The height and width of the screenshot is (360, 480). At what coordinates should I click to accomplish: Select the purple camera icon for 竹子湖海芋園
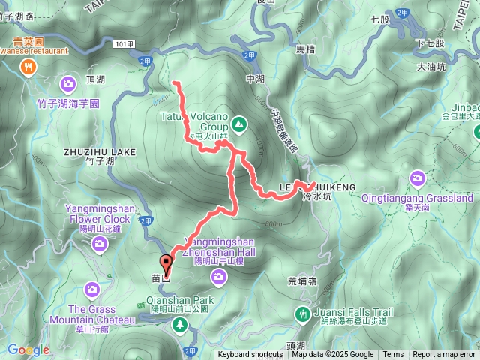(69, 83)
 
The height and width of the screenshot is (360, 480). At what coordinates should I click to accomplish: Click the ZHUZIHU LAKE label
(100, 151)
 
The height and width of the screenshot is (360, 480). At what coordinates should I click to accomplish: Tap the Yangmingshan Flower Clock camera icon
(99, 244)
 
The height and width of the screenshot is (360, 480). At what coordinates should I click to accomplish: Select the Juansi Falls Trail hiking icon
(303, 313)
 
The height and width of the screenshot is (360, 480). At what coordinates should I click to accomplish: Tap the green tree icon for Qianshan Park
(179, 324)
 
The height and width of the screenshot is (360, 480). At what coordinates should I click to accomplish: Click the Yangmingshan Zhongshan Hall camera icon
(219, 277)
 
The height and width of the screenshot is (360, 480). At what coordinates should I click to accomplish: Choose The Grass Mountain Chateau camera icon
(91, 289)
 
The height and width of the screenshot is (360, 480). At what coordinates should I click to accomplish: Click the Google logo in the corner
(28, 349)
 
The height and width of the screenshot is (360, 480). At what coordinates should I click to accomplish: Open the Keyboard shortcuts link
(250, 355)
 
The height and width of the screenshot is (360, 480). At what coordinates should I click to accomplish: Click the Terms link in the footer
(392, 355)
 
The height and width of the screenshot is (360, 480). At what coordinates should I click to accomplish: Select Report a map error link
(443, 355)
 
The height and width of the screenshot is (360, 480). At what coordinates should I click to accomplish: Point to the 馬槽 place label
(306, 49)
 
